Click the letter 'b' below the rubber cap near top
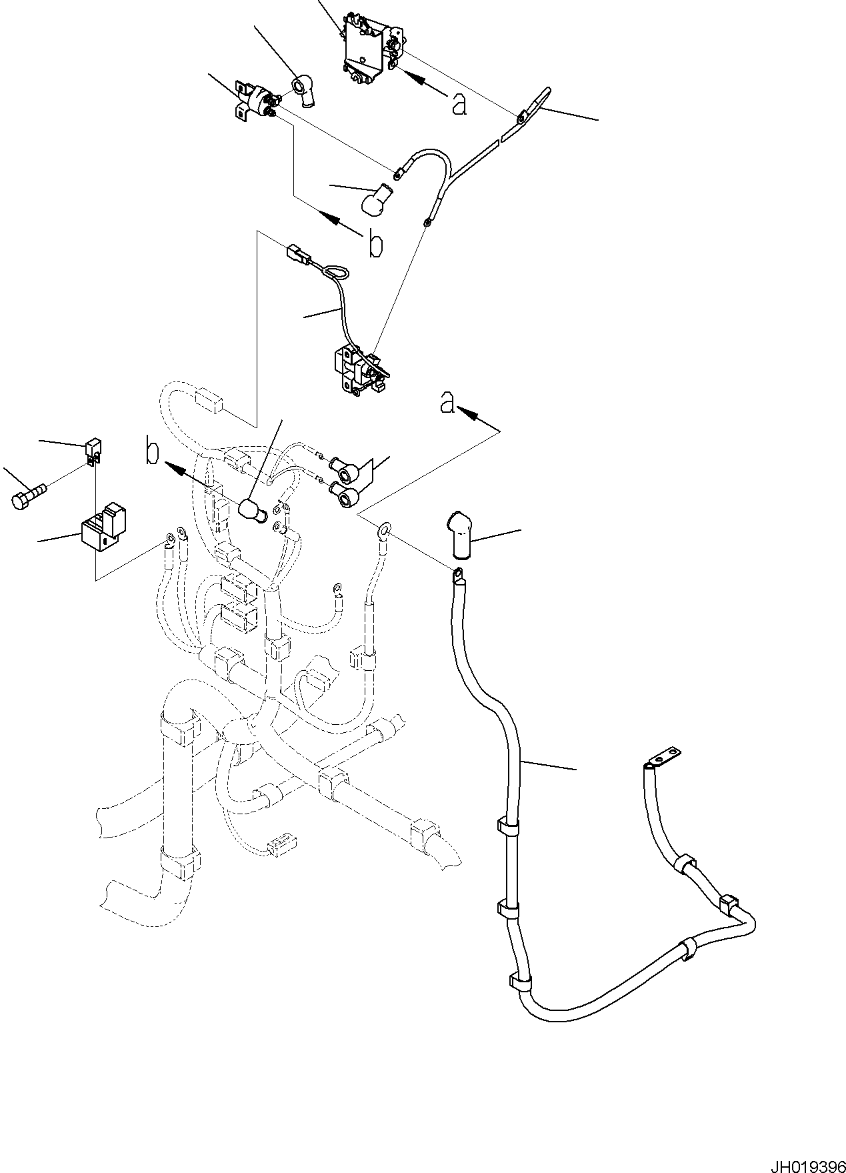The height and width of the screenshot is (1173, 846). pos(376,245)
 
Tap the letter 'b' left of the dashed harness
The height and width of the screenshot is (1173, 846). pos(153,453)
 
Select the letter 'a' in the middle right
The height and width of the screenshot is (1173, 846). pos(447,403)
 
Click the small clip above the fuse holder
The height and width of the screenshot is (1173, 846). pos(93,449)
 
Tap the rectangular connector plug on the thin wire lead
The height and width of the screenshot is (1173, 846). pos(296,254)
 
